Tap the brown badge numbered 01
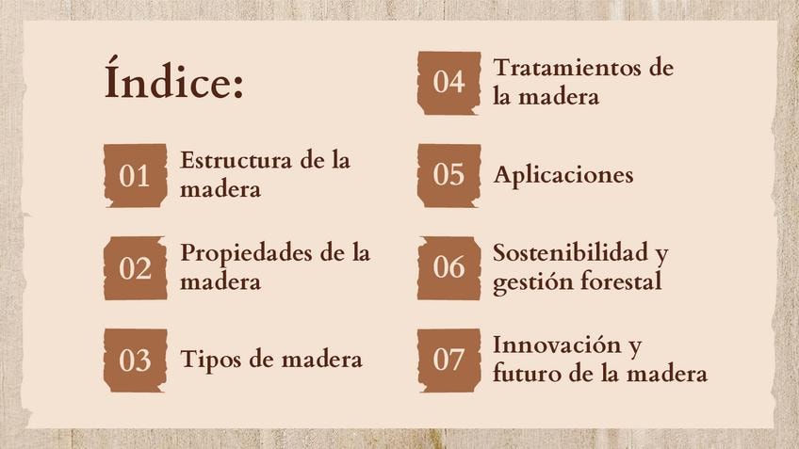tap(136, 176)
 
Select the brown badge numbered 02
tap(136, 268)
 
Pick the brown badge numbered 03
tap(136, 361)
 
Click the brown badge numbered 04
tap(448, 83)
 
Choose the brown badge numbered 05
tap(448, 176)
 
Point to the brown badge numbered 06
tap(448, 268)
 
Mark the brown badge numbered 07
tap(448, 361)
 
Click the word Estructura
tap(236, 160)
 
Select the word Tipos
tap(211, 361)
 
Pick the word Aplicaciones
tap(563, 176)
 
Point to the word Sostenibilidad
tap(570, 252)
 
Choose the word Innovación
tap(557, 345)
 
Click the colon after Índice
tap(238, 86)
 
